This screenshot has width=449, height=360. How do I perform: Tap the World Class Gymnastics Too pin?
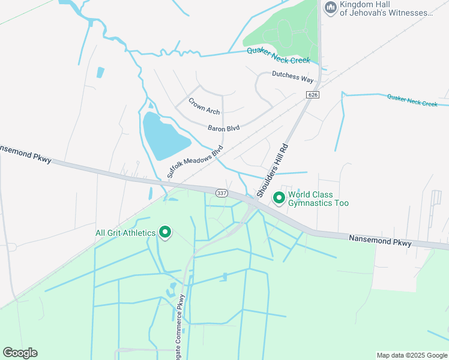tap(279, 197)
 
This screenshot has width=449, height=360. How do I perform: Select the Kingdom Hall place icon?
tap(330, 8)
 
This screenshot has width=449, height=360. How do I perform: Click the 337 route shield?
tap(222, 192)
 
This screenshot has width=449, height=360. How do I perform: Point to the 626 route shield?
tap(312, 95)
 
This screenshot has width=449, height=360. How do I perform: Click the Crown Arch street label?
tap(204, 106)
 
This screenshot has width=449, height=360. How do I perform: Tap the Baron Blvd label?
tap(224, 128)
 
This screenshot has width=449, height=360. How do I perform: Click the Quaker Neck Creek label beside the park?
tap(279, 55)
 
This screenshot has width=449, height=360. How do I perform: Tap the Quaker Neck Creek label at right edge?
tap(412, 100)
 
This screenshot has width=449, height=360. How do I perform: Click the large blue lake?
tap(164, 135)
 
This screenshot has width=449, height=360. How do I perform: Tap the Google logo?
tap(20, 353)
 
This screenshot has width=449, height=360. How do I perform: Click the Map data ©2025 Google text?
tap(411, 355)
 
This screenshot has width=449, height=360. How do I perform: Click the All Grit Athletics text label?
tap(125, 233)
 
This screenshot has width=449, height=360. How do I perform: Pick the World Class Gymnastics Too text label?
tap(318, 199)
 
